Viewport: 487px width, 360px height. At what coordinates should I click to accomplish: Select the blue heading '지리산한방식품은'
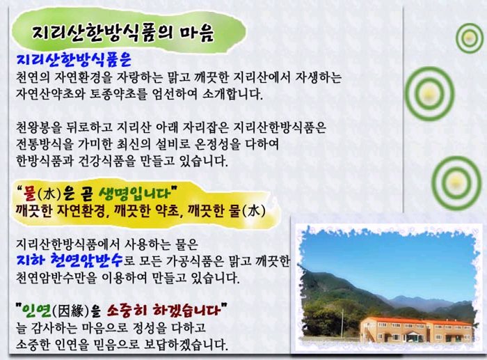[x=74, y=59]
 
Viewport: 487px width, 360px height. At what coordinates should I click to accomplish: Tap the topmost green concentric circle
[x=470, y=38]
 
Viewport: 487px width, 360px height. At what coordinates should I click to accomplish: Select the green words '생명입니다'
[x=135, y=194]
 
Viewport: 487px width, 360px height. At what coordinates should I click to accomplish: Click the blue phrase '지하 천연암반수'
[x=70, y=260]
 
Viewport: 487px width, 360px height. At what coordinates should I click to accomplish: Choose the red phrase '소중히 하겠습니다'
[x=163, y=310]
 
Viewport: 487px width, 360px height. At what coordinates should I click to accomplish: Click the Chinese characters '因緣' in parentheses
[x=71, y=311]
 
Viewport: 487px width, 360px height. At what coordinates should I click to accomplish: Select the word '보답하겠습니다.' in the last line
[x=186, y=345]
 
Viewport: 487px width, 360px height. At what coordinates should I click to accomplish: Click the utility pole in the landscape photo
[x=342, y=322]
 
